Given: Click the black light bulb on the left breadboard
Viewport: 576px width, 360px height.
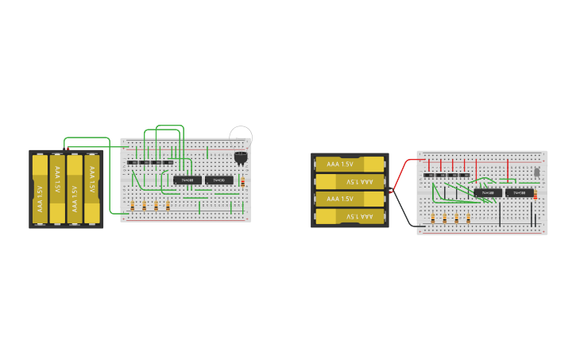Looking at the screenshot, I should click(x=241, y=157).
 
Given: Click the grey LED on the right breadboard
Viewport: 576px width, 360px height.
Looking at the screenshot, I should click(x=537, y=171).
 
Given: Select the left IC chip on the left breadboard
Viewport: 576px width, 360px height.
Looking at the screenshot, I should click(x=187, y=180).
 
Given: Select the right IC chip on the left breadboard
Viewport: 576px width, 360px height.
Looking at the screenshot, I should click(x=219, y=180).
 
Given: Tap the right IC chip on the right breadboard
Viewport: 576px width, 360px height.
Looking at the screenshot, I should click(x=520, y=192).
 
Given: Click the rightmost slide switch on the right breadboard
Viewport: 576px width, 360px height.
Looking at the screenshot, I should click(x=465, y=175).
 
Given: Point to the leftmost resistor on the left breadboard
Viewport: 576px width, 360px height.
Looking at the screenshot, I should click(x=133, y=205).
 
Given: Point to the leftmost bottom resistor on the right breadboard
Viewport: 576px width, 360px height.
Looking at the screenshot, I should click(x=433, y=217).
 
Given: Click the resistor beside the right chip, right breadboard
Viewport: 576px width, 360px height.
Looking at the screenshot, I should click(x=535, y=195).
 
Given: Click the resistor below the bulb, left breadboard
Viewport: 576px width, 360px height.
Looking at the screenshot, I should click(x=242, y=182).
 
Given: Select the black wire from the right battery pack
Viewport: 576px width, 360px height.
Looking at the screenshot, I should click(x=404, y=211).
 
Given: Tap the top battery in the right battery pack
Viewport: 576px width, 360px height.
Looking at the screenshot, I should click(x=350, y=164).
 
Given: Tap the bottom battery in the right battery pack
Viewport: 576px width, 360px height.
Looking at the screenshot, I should click(x=350, y=216).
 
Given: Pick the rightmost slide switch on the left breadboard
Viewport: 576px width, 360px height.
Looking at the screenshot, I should click(x=168, y=162).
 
